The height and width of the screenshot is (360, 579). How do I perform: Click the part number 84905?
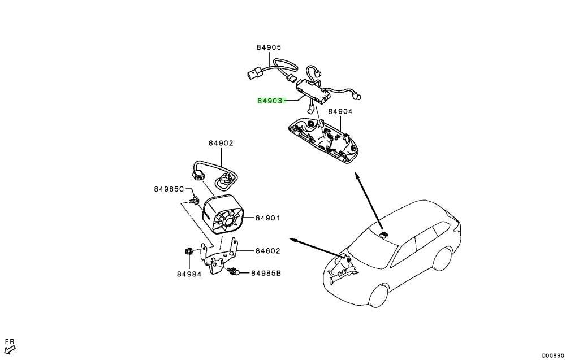click(x=269, y=47)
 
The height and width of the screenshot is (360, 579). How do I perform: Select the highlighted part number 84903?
click(x=270, y=101)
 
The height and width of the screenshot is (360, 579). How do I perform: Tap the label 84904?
click(x=340, y=111)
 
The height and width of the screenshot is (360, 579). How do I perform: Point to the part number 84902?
click(x=221, y=143)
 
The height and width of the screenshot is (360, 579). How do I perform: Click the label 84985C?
click(x=168, y=189)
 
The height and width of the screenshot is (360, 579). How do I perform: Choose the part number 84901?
click(x=267, y=218)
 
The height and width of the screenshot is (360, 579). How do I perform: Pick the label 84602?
click(x=267, y=251)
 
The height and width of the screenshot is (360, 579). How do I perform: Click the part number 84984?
click(x=189, y=274)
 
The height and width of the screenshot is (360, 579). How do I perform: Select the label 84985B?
click(x=266, y=273)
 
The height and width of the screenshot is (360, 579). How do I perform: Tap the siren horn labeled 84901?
click(x=223, y=215)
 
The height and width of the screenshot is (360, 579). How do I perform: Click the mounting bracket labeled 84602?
click(x=219, y=256)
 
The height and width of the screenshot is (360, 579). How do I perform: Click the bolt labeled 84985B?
click(x=233, y=272)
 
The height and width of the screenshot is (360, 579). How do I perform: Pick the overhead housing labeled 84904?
click(x=323, y=139)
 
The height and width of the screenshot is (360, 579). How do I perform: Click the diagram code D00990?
click(x=553, y=355)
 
